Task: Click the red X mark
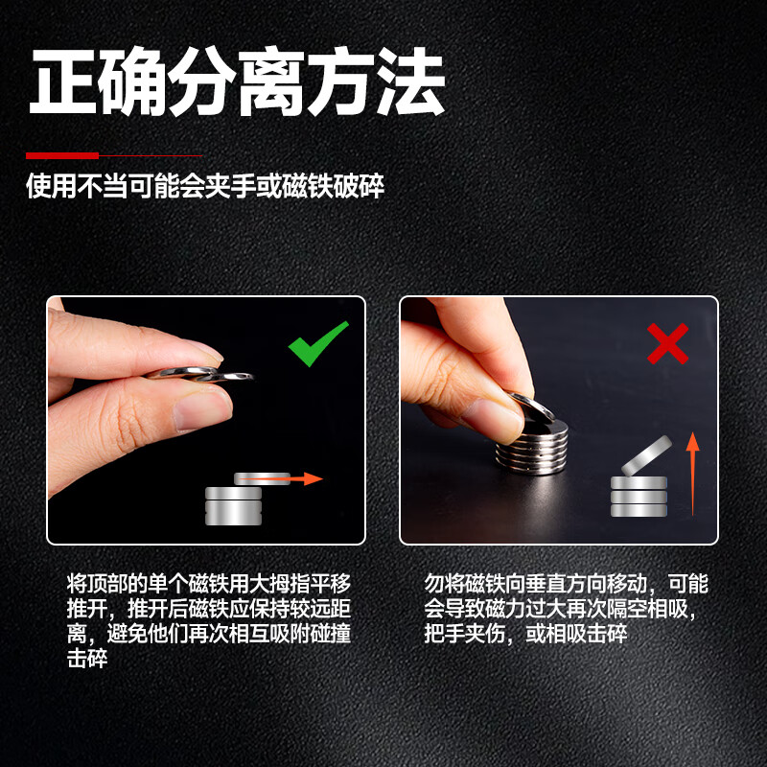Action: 667,343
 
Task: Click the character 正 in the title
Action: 63,81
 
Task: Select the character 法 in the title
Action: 410,81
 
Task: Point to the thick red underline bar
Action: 62,155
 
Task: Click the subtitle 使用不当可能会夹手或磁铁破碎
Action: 205,186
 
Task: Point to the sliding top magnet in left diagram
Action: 262,478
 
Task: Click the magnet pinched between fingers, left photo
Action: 199,374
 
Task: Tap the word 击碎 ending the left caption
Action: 87,659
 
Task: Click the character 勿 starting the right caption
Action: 434,584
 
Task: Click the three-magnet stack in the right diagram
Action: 639,497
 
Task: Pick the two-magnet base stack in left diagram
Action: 233,506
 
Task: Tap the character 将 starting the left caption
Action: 77,584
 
